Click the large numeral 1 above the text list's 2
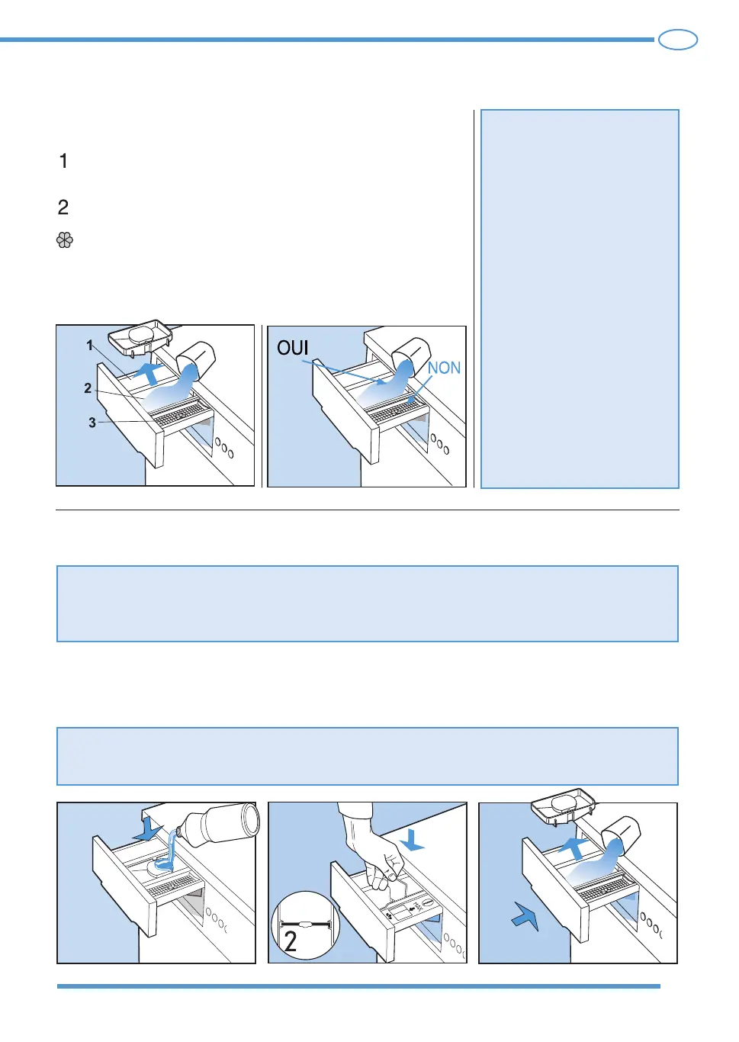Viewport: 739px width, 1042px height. click(x=64, y=161)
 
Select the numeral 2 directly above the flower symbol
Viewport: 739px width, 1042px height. click(x=63, y=207)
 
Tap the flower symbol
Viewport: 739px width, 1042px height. click(x=65, y=240)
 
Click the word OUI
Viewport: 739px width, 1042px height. click(x=293, y=348)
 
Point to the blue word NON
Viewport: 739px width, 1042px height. click(x=444, y=368)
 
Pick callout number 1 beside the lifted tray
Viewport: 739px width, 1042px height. click(x=90, y=345)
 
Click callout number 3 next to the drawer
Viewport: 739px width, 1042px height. click(x=92, y=423)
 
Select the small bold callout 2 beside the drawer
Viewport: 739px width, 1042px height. click(x=88, y=388)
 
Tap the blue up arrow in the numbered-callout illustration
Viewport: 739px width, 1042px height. click(x=150, y=373)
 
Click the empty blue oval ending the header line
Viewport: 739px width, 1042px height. click(x=678, y=40)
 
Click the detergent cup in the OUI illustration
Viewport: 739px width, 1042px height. click(x=410, y=353)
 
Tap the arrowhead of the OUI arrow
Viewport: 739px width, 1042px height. click(x=382, y=382)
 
